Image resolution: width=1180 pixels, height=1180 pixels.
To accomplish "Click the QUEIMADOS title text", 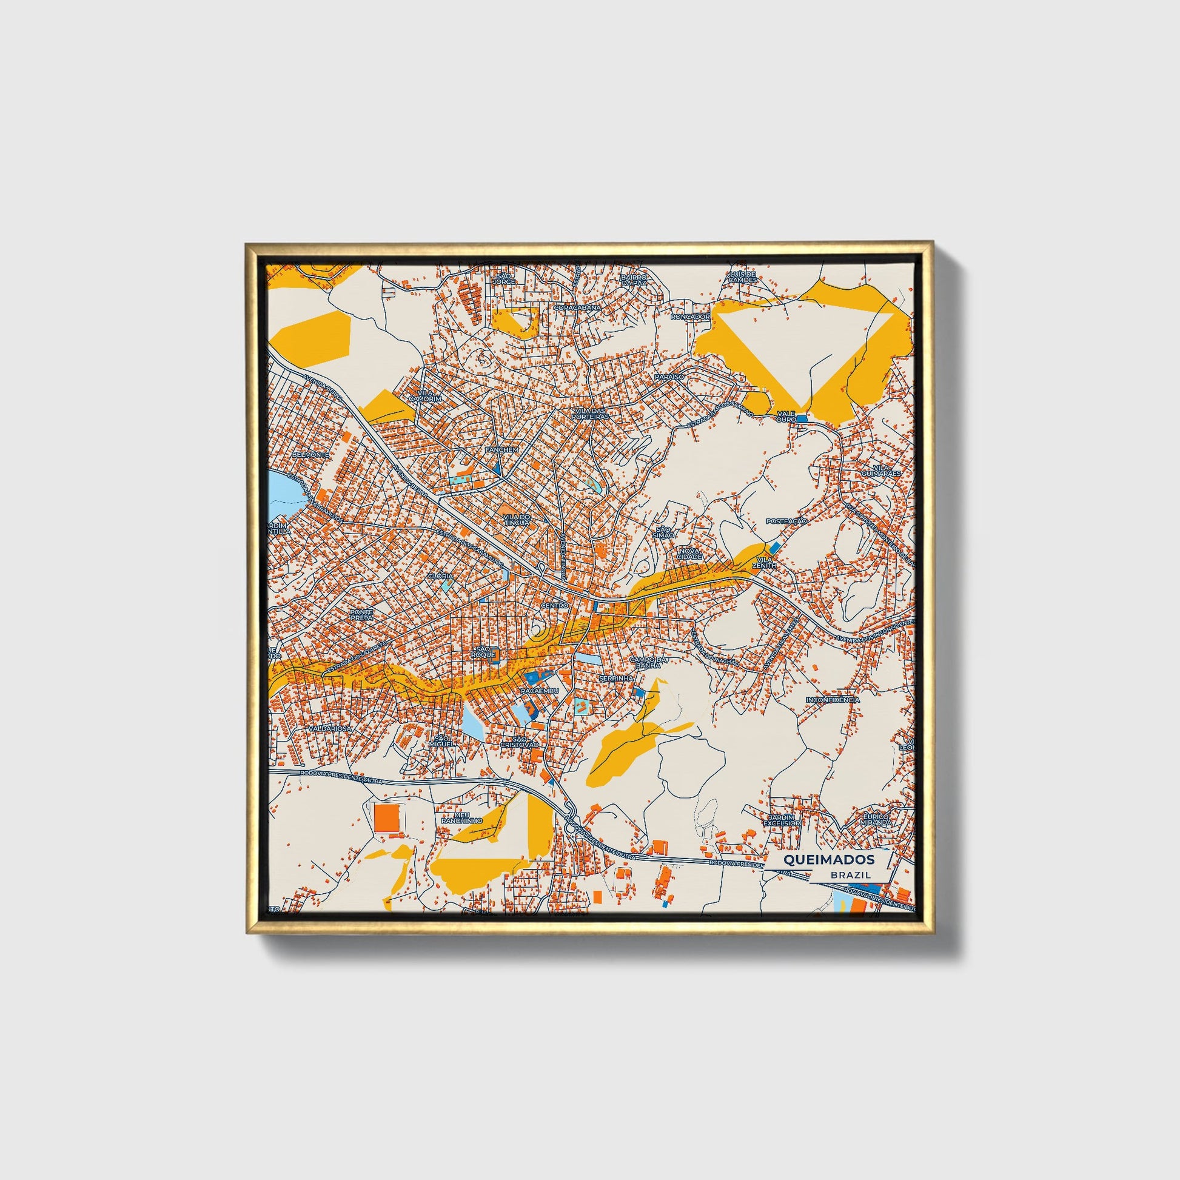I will click(828, 859).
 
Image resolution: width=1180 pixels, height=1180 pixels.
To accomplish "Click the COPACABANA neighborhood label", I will click(577, 308).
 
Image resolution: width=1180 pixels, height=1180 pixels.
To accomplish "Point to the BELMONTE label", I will click(311, 455).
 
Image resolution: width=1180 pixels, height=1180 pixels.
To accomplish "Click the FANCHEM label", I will click(501, 449).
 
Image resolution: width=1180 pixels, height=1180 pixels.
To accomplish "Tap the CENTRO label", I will click(555, 605).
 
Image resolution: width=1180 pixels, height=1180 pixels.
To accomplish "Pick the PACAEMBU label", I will click(539, 690).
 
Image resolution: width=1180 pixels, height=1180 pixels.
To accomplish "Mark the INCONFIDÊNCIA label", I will click(833, 699).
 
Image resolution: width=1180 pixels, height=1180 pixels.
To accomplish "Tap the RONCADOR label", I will click(689, 317).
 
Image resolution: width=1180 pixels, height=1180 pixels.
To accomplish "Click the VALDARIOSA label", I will click(330, 729).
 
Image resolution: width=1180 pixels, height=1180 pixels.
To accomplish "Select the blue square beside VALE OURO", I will click(802, 419).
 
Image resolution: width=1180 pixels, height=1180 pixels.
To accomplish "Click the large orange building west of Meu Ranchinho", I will click(387, 817).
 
